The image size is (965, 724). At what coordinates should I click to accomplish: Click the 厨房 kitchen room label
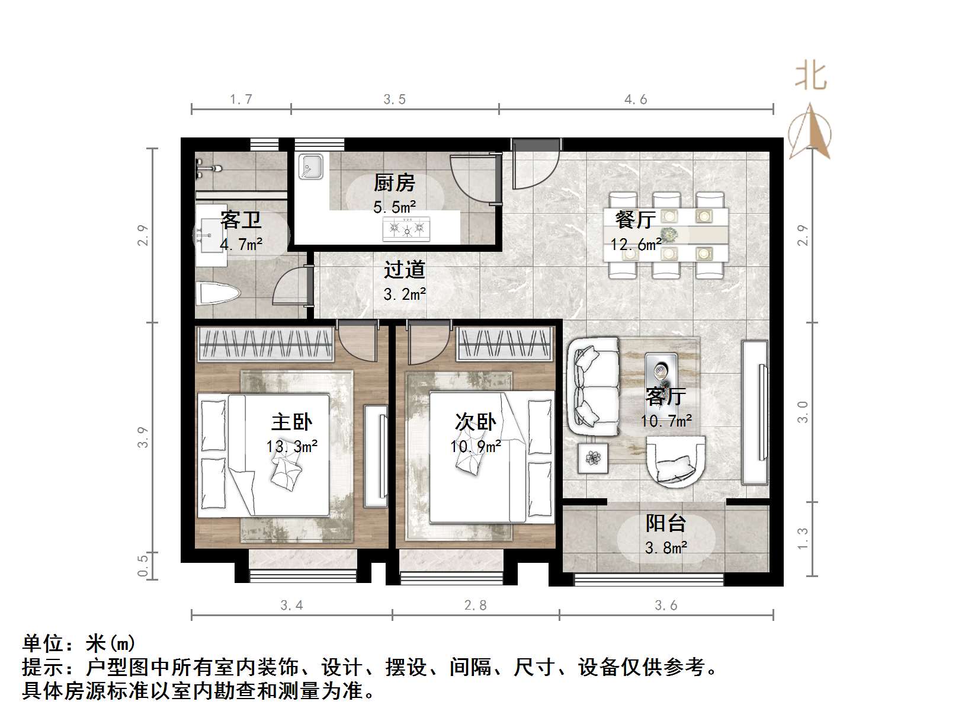[394, 183]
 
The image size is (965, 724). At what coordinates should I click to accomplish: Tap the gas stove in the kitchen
[406, 228]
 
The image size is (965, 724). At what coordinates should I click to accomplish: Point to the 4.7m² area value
[241, 244]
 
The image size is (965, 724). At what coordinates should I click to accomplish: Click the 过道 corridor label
[405, 270]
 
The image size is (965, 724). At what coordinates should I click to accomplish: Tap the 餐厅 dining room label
[635, 220]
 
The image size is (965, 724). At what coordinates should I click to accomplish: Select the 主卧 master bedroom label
[291, 422]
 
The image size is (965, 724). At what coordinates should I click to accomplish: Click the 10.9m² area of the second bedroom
[475, 446]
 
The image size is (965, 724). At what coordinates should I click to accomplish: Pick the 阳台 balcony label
[666, 523]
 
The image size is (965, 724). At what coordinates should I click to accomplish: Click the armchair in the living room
[675, 461]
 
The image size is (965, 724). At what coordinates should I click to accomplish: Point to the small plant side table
[592, 458]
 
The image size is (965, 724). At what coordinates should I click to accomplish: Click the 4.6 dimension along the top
[636, 100]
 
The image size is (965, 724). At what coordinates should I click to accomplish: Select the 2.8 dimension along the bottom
[475, 606]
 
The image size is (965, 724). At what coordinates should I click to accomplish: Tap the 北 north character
[810, 77]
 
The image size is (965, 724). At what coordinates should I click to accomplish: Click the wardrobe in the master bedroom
[265, 344]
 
